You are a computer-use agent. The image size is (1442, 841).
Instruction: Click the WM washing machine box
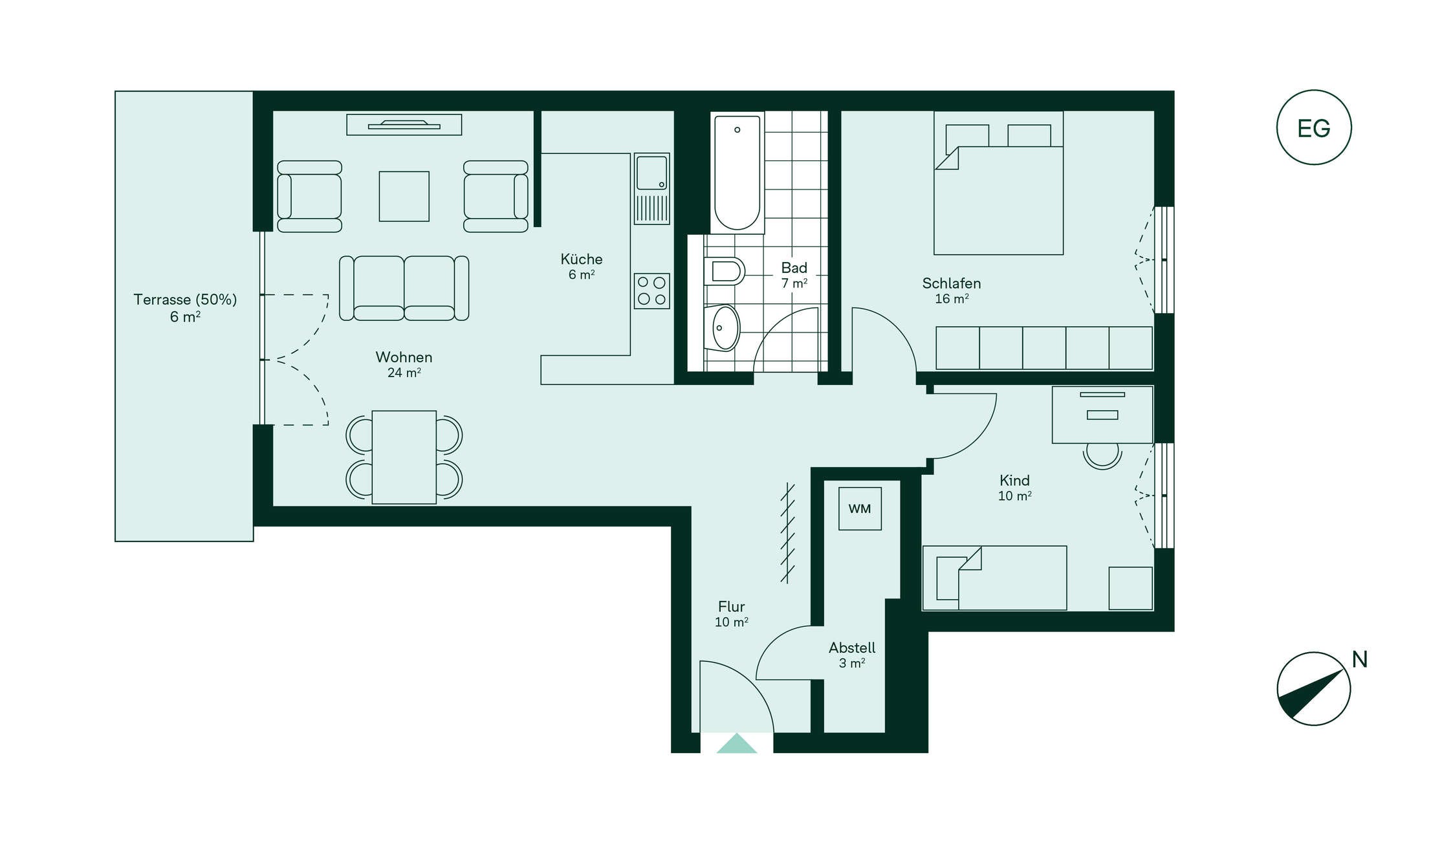[x=860, y=508]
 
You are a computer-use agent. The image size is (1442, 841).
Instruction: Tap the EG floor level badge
[x=1313, y=127]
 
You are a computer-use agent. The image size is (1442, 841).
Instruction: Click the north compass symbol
[x=1313, y=688]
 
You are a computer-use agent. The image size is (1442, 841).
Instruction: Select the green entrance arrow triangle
[x=736, y=743]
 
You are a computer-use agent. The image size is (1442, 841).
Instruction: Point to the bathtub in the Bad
[x=737, y=173]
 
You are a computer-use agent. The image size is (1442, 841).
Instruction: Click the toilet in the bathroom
[x=724, y=271]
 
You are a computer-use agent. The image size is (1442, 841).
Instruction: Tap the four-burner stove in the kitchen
[x=651, y=291]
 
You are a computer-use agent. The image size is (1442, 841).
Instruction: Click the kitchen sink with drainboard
[x=651, y=189]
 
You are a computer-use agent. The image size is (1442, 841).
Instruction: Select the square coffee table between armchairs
[x=404, y=197]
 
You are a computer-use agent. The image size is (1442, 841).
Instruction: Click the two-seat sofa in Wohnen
[x=404, y=288]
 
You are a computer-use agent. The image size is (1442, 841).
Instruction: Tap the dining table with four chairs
[x=404, y=457]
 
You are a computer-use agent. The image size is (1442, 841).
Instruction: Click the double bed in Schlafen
[x=998, y=183]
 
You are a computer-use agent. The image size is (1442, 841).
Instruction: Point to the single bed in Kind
[x=994, y=578]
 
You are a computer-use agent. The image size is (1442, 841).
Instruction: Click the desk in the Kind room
[x=1102, y=415]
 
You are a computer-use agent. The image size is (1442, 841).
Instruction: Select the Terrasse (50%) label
[x=185, y=300]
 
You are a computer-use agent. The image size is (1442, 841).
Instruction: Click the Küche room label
[x=582, y=259]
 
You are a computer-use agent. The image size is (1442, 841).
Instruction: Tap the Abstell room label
[x=852, y=648]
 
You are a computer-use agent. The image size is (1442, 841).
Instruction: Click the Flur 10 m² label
[x=732, y=614]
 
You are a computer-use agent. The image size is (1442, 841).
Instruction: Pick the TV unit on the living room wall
[x=404, y=125]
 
